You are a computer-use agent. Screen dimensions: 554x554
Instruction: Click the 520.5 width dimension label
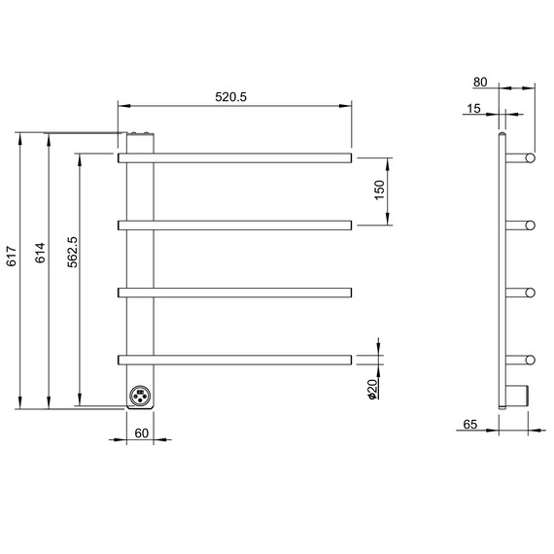click(230, 97)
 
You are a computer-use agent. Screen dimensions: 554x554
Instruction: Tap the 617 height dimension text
click(12, 257)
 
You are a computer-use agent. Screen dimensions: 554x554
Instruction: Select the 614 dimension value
click(40, 253)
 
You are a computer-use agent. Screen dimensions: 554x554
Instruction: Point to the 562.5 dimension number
click(73, 252)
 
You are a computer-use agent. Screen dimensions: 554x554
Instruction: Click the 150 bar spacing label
click(379, 190)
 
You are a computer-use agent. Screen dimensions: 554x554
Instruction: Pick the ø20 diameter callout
click(373, 389)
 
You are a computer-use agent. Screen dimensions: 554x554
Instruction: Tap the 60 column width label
click(142, 433)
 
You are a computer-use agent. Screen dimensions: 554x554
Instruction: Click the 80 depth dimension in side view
click(480, 82)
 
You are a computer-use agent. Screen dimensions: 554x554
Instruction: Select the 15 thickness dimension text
click(473, 109)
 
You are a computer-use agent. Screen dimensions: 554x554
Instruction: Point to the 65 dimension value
click(470, 424)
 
